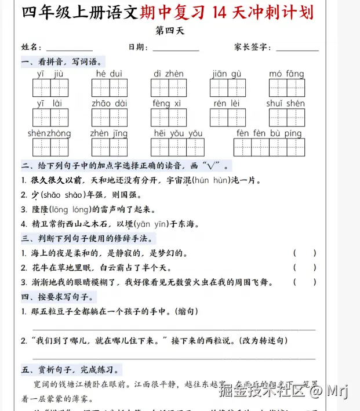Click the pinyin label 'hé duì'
click(109, 74)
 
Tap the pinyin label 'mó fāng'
click(286, 74)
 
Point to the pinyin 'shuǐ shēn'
click(286, 103)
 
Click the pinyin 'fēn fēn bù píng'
click(269, 133)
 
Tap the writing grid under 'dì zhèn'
click(169, 88)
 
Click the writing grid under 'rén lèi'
click(227, 117)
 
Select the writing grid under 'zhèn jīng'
click(108, 147)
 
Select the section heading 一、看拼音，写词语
click(63, 61)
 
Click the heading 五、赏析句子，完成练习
click(71, 369)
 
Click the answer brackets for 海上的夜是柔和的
click(305, 253)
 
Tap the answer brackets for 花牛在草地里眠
click(305, 268)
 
